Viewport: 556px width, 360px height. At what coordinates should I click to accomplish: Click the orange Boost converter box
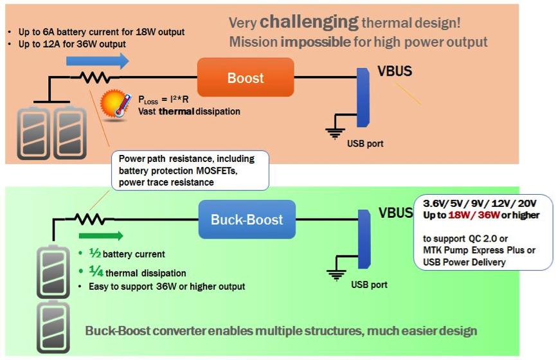point(246,77)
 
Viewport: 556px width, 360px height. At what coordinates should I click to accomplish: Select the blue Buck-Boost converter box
point(247,219)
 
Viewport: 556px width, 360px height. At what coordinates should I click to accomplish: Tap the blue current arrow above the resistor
point(98,61)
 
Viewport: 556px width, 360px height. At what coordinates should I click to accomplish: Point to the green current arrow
point(101,235)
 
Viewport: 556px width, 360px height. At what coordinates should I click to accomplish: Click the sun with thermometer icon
point(114,105)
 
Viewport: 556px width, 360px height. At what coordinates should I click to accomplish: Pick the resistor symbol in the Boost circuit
point(94,77)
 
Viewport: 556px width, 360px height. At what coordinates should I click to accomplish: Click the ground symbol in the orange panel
point(335,133)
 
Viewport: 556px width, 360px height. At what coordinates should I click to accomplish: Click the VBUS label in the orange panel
point(395,71)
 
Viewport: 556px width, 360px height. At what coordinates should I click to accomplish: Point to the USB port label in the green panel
point(369,284)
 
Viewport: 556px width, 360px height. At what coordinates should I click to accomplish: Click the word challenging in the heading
point(309,22)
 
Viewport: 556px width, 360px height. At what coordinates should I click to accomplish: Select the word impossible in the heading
point(316,42)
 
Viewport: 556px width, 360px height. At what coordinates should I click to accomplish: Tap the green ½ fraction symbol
point(94,253)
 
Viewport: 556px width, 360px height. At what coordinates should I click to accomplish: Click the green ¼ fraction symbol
point(96,271)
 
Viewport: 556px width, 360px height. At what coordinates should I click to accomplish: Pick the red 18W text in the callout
point(460,215)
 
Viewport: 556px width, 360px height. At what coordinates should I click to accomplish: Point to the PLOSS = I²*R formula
point(163,100)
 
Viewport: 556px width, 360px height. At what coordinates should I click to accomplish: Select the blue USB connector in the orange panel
point(363,98)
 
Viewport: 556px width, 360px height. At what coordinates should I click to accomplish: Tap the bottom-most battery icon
point(53,327)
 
